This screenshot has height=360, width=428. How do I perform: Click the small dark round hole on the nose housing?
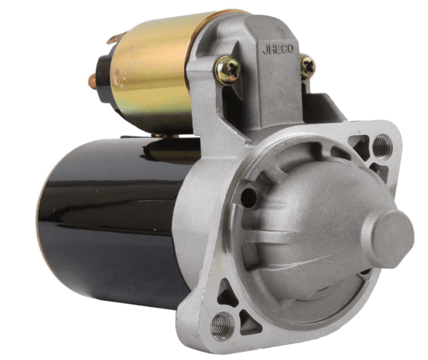point(248,196)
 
